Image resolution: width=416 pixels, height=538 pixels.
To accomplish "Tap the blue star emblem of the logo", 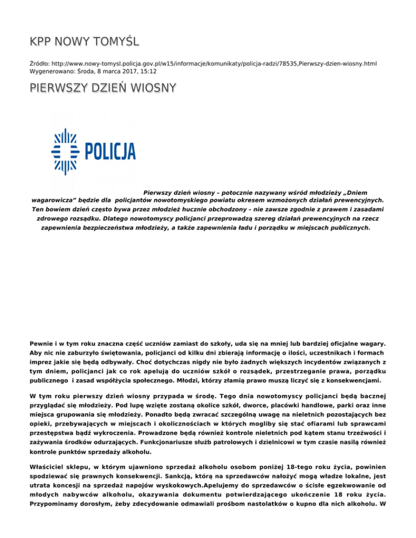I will (64, 152).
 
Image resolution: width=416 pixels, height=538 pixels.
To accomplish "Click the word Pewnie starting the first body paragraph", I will (42, 343).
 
